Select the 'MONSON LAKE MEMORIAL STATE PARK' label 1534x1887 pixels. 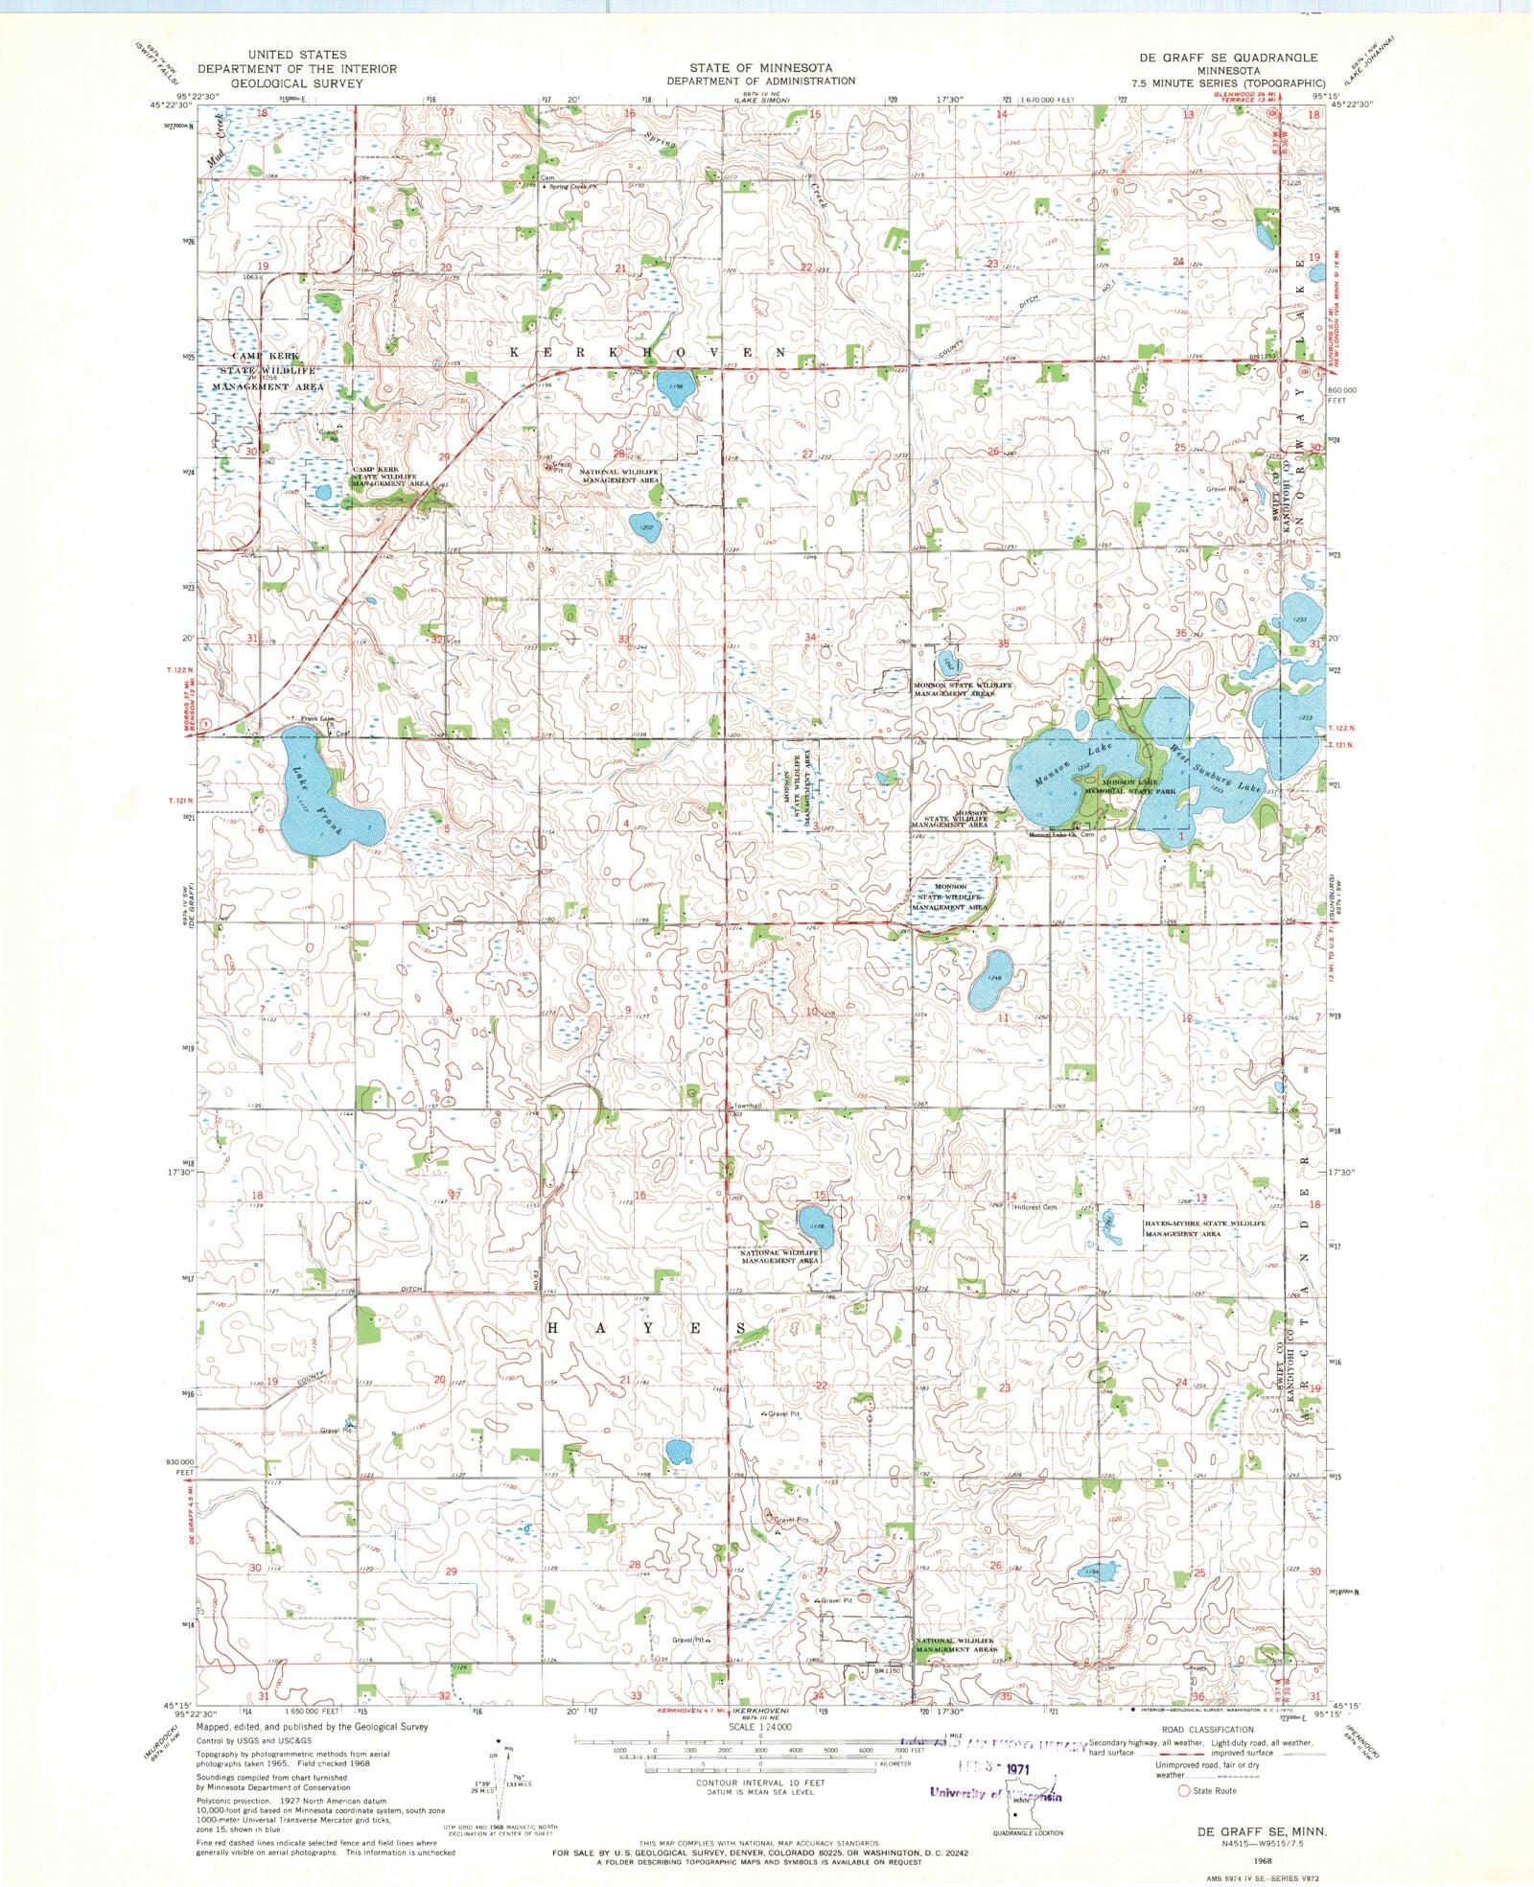pyautogui.click(x=1138, y=787)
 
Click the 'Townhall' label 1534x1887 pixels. pyautogui.click(x=747, y=1106)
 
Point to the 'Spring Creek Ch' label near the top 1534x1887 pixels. pyautogui.click(x=572, y=187)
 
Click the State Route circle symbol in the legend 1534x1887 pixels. pyautogui.click(x=1184, y=1790)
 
